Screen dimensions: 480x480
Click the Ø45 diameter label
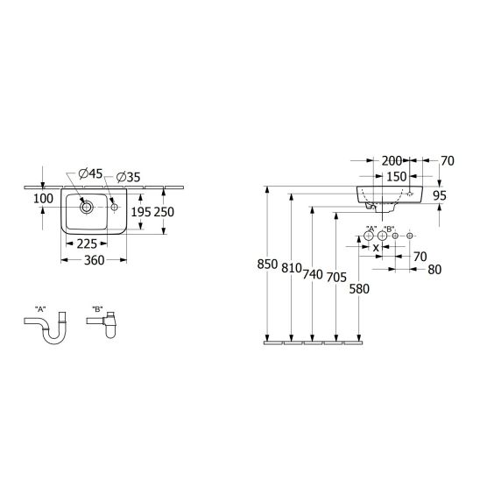point(90,173)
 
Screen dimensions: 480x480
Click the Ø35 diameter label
point(129,177)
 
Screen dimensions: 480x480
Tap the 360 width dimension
point(95,260)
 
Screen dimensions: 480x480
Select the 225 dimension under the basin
point(87,244)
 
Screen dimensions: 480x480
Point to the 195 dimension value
point(141,212)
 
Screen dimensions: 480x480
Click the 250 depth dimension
point(164,212)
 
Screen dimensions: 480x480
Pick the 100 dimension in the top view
point(43,199)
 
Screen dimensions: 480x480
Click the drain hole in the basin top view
point(87,208)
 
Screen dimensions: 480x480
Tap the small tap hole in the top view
point(114,208)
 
